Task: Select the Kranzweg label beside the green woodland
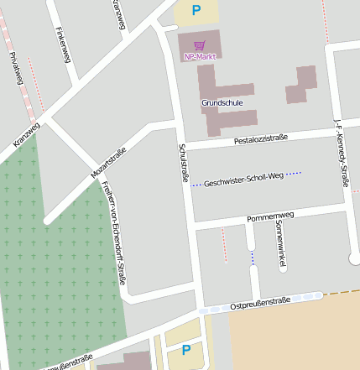pos(26,136)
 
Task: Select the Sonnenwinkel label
pos(281,245)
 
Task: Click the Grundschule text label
pos(222,102)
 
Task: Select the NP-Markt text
pos(200,56)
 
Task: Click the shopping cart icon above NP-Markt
pos(200,45)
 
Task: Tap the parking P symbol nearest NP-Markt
pos(196,10)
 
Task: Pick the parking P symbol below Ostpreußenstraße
pos(186,349)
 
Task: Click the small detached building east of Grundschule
pos(301,84)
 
